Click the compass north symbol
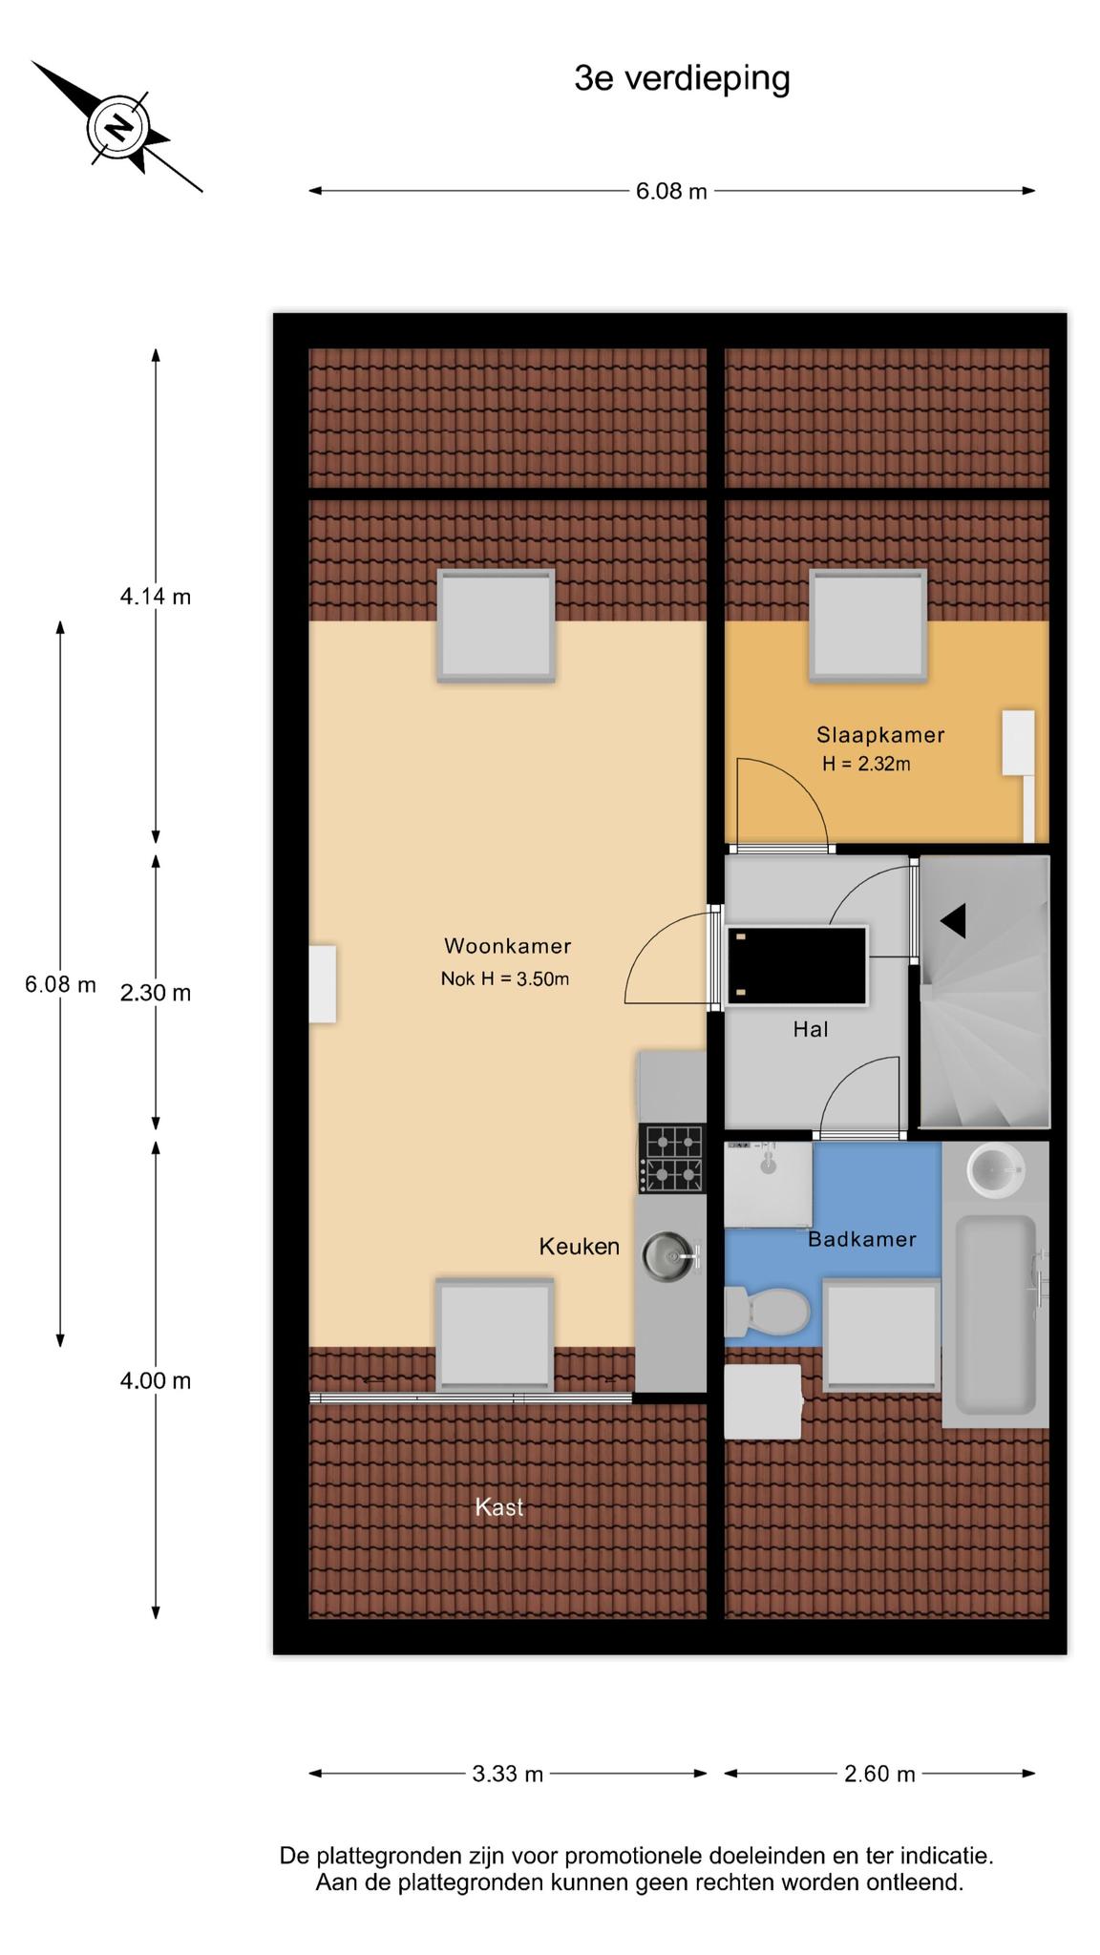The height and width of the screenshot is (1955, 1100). point(117,127)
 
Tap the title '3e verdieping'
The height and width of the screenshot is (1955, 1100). point(682,79)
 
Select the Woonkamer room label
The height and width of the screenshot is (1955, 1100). point(507,946)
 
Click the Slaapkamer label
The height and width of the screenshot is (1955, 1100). point(880,735)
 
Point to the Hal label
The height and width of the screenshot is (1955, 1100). point(811,1029)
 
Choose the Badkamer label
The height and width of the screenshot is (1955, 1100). point(862,1239)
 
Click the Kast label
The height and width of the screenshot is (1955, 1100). point(499,1507)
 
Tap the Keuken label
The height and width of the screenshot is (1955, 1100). point(580,1247)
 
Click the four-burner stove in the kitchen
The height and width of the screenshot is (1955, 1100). point(673,1159)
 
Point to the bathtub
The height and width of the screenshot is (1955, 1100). point(996,1314)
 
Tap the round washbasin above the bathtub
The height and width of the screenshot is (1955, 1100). point(996,1169)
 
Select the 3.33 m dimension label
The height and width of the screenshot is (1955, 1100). point(508,1775)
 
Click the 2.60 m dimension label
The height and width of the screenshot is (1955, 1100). point(879,1775)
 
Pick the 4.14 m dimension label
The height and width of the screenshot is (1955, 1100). point(156,597)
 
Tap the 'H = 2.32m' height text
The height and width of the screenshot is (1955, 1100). point(866,764)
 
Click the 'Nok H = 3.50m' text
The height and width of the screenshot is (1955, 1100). point(505,978)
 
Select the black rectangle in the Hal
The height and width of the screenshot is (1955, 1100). point(796,964)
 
